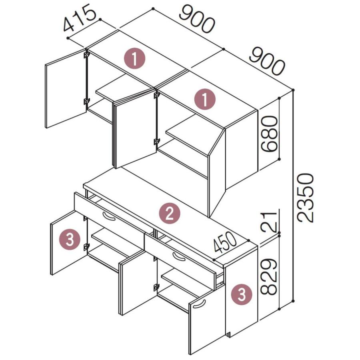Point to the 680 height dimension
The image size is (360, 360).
click(269, 134)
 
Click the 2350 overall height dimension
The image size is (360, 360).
click(305, 198)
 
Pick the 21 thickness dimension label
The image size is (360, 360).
click(269, 221)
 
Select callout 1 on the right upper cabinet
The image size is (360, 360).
click(205, 100)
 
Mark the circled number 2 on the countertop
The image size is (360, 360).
click(170, 214)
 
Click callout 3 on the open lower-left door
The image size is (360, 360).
click(70, 240)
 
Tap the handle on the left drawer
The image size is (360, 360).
click(109, 216)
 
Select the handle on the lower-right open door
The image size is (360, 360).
click(199, 304)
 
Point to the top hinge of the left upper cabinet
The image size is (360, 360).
click(86, 54)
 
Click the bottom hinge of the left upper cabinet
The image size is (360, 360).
click(86, 101)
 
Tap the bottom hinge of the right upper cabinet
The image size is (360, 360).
click(156, 142)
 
